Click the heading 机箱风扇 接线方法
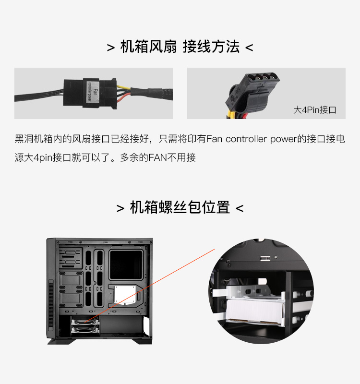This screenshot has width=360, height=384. coord(180,47)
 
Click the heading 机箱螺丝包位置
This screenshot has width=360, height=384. coord(180,207)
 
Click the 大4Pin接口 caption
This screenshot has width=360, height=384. coord(315,110)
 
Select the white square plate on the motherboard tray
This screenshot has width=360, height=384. coord(125,295)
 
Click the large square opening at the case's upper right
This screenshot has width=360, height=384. coord(126,265)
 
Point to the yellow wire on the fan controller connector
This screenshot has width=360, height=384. coord(123,87)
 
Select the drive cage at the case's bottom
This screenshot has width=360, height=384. coord(85,324)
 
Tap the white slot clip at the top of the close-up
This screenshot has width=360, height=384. coord(265,258)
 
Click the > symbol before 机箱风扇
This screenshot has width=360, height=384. coord(111,48)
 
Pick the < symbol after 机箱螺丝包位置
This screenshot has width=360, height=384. coord(240,208)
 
